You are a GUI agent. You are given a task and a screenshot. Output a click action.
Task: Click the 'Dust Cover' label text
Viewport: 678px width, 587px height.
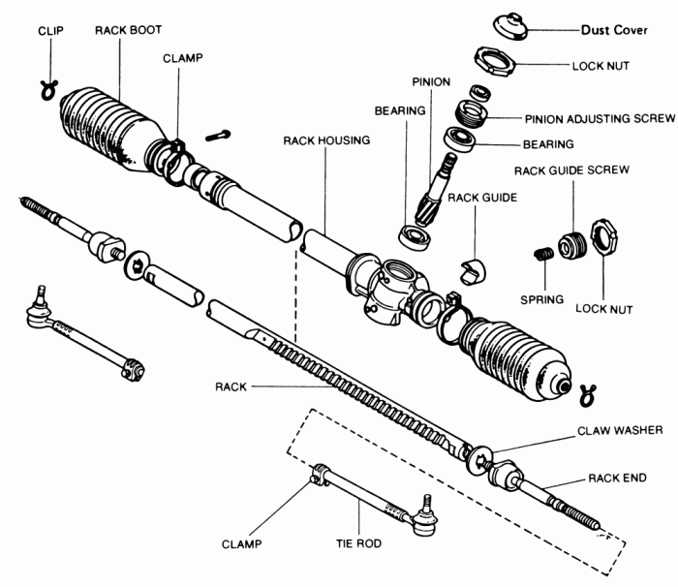pyautogui.click(x=616, y=30)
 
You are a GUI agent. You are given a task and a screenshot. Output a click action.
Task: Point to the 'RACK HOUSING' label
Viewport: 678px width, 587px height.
pyautogui.click(x=326, y=140)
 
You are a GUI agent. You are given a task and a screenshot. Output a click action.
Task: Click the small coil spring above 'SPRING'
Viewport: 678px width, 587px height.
pyautogui.click(x=542, y=255)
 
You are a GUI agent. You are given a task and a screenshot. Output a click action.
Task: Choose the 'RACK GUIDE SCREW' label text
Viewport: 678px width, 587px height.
pyautogui.click(x=572, y=170)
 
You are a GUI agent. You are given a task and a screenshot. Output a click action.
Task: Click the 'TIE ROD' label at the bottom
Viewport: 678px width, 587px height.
pyautogui.click(x=358, y=545)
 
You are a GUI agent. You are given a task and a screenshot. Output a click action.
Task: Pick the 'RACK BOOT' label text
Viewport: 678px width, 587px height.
pyautogui.click(x=127, y=30)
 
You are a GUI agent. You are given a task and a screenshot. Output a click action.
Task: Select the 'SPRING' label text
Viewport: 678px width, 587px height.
pyautogui.click(x=539, y=299)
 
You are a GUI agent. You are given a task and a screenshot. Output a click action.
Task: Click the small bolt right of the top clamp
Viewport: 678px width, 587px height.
pyautogui.click(x=221, y=135)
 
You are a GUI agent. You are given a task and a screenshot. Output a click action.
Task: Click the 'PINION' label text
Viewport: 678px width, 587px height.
pyautogui.click(x=430, y=82)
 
